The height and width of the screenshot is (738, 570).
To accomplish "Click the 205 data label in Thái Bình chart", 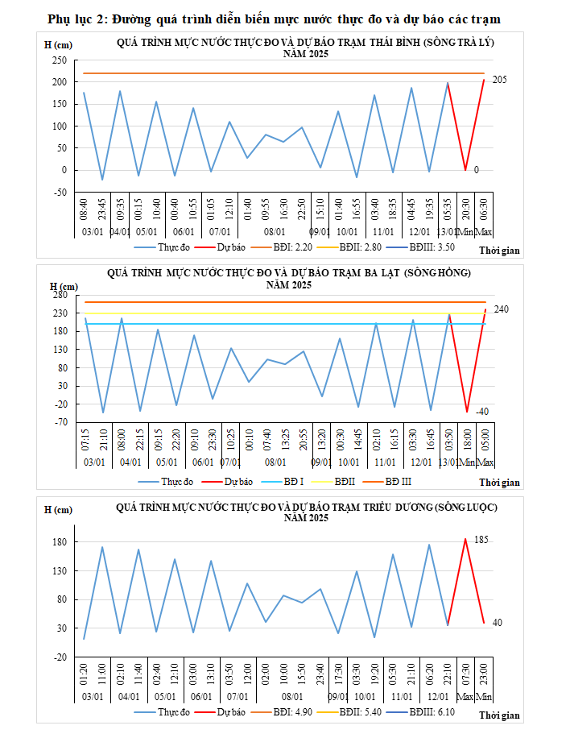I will [500, 80].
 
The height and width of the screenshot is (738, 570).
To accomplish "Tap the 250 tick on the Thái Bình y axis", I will [59, 60].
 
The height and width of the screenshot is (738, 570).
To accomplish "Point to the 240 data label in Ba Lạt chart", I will [501, 309].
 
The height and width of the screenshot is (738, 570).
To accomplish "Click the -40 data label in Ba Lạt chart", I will [482, 412].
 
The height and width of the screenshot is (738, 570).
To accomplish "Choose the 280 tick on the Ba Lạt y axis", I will [59, 294].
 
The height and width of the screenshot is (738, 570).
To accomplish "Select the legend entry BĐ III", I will [397, 481].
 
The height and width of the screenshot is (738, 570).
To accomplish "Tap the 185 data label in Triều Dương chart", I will [482, 539].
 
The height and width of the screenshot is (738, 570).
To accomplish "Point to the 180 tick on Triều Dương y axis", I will [60, 541].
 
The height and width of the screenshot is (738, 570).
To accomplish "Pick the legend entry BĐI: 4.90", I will [291, 712].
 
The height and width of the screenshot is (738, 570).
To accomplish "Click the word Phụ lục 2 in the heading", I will [77, 18].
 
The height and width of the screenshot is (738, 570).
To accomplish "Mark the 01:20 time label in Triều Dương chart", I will [85, 675].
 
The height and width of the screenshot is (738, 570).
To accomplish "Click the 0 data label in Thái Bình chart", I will [477, 170].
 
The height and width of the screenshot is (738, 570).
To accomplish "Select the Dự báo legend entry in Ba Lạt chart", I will [238, 481].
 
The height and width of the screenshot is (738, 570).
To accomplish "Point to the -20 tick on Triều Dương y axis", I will [60, 657].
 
